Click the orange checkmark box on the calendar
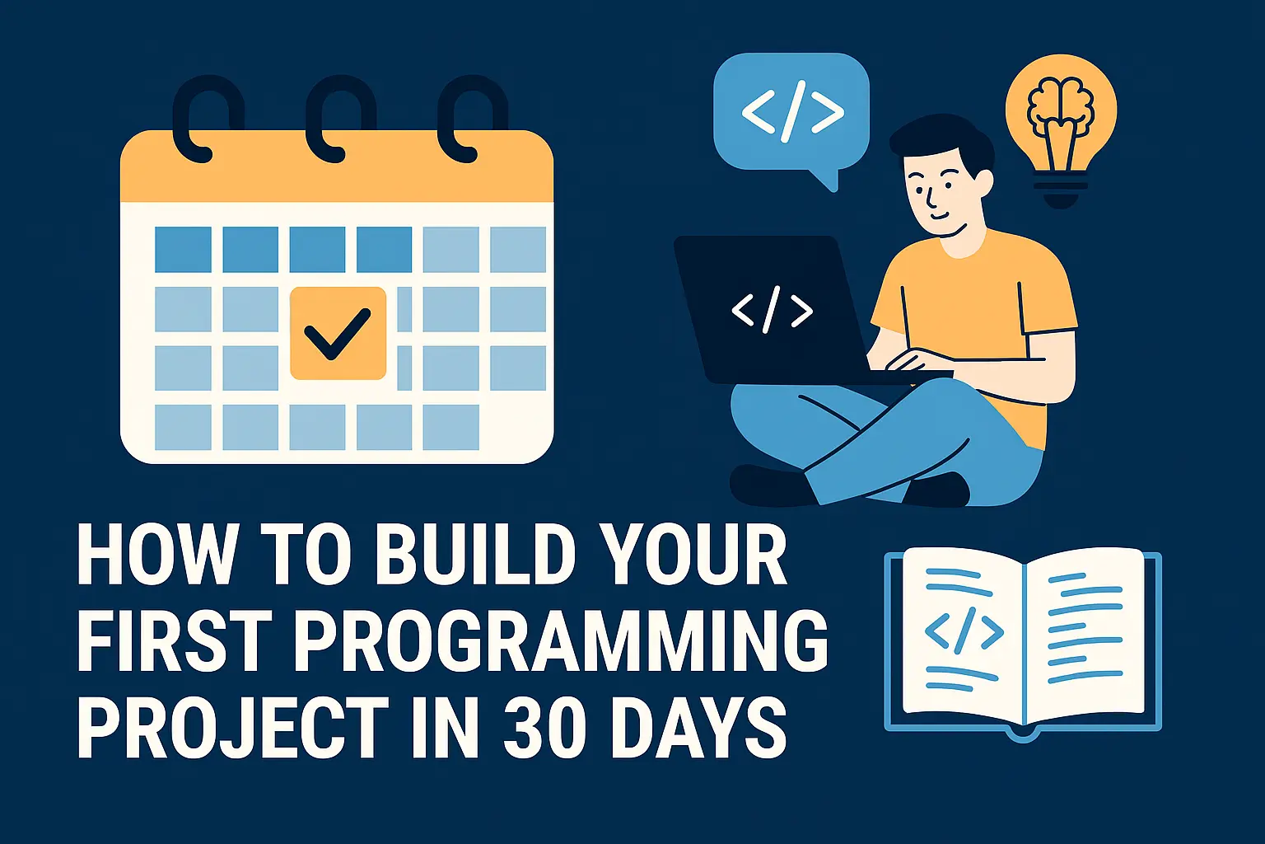[x=338, y=333]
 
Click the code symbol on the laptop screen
[x=772, y=309]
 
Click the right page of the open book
[x=1085, y=634]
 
